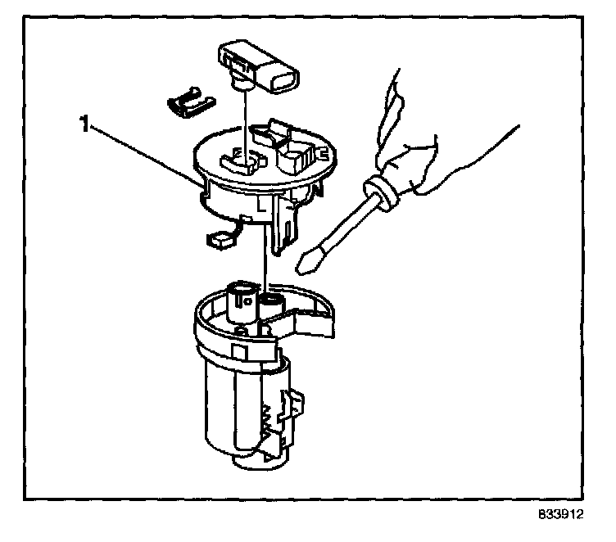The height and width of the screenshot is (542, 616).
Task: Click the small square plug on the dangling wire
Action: [x=220, y=239]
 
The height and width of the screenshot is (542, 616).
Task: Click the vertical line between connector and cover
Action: [x=245, y=119]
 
